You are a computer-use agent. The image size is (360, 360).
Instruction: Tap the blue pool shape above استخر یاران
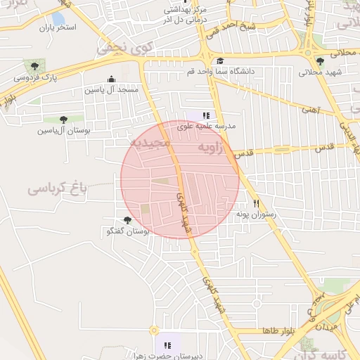pyautogui.click(x=58, y=18)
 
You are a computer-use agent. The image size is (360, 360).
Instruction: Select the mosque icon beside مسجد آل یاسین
pyautogui.click(x=111, y=79)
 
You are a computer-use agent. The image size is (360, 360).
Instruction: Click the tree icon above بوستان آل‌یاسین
pyautogui.click(x=64, y=120)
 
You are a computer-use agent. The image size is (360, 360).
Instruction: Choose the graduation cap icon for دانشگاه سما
pyautogui.click(x=220, y=61)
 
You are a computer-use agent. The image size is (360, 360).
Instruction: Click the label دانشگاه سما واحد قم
pyautogui.click(x=219, y=72)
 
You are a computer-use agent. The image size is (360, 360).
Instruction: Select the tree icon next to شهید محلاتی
pyautogui.click(x=321, y=61)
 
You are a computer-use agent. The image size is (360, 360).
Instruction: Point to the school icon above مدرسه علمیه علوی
pyautogui.click(x=206, y=115)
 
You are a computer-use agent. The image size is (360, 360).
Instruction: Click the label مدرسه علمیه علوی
pyautogui.click(x=206, y=126)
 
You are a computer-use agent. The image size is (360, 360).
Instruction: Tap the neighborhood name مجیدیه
pyautogui.click(x=148, y=143)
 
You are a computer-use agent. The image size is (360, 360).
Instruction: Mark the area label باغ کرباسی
pyautogui.click(x=57, y=188)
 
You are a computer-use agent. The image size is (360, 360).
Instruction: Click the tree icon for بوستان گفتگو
pyautogui.click(x=127, y=220)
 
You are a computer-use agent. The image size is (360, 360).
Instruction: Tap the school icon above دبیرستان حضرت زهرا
pyautogui.click(x=168, y=345)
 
